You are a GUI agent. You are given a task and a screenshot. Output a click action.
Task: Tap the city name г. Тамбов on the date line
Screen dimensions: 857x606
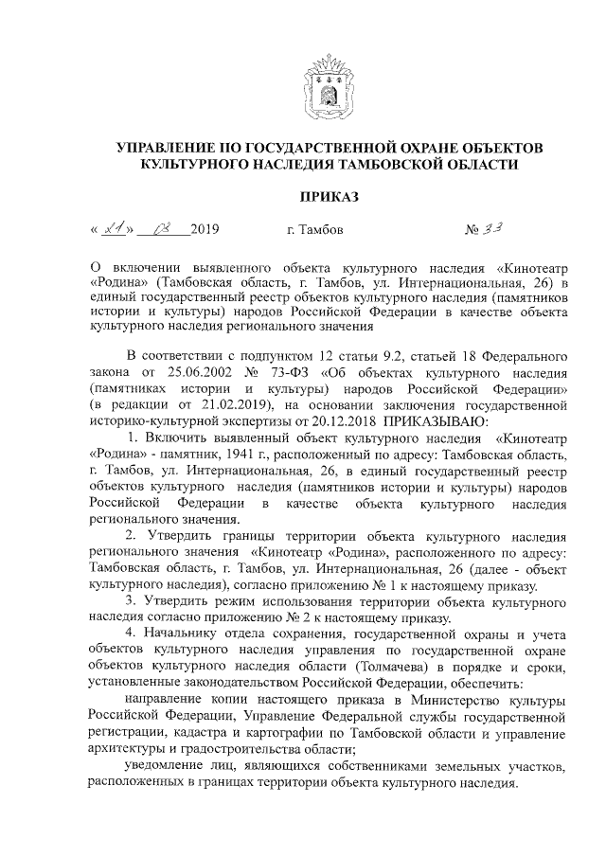pyautogui.click(x=315, y=230)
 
